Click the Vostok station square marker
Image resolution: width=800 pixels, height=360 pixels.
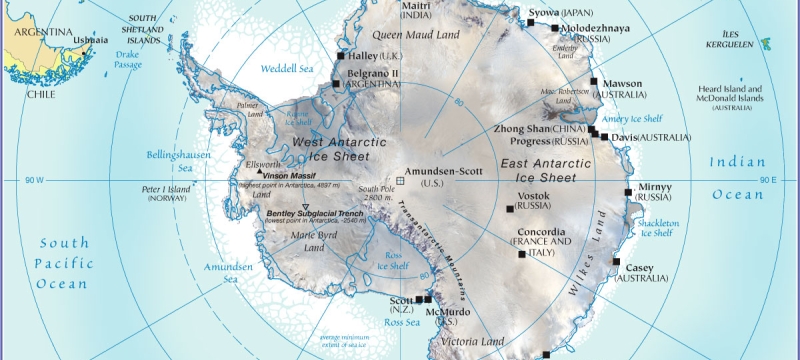[510, 209]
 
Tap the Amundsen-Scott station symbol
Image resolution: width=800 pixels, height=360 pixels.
[401, 180]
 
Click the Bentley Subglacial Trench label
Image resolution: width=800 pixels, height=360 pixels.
[314, 213]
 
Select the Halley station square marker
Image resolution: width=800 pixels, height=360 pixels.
[341, 56]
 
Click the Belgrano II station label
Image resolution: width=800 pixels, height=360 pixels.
[373, 78]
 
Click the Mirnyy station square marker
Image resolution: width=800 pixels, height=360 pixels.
[628, 190]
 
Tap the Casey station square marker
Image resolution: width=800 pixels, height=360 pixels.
[616, 262]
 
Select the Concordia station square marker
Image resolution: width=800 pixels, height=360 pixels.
[521, 254]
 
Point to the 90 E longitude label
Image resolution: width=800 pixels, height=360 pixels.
[767, 180]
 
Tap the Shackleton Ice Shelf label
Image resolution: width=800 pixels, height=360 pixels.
[659, 228]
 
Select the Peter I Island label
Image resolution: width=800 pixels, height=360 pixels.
[167, 193]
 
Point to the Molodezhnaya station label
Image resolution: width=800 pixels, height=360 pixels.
[596, 28]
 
